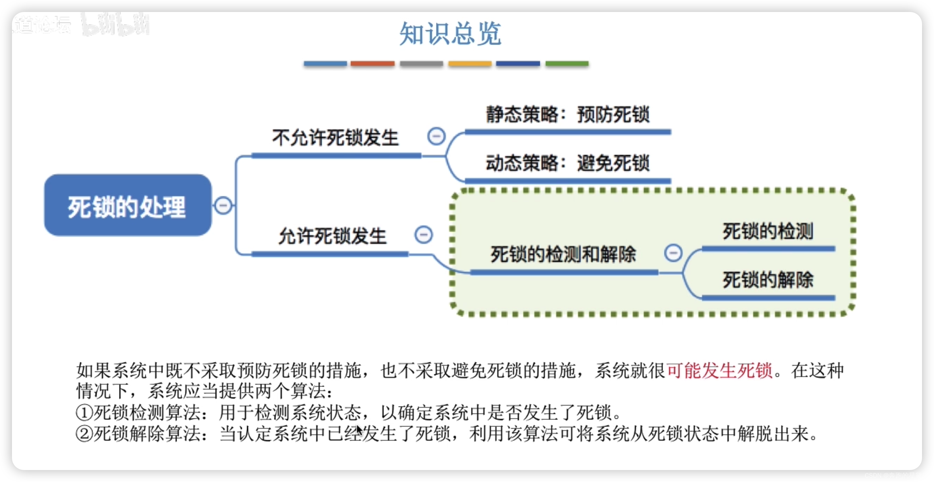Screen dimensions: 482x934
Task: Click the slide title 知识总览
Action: pyautogui.click(x=450, y=33)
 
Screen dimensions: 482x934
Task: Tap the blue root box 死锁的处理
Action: pyautogui.click(x=127, y=205)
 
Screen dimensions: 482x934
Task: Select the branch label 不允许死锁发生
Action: pyautogui.click(x=335, y=138)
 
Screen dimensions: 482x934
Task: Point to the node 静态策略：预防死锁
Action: pyautogui.click(x=567, y=115)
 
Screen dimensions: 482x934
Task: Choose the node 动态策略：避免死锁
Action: pyautogui.click(x=567, y=163)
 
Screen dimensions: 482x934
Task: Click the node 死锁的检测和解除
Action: pyautogui.click(x=563, y=254)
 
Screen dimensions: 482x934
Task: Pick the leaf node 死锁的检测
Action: pyautogui.click(x=768, y=231)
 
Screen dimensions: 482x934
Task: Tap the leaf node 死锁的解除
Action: pyautogui.click(x=768, y=280)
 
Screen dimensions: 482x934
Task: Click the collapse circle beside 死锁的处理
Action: pyautogui.click(x=223, y=205)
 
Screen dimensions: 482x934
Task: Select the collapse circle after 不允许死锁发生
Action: pyautogui.click(x=436, y=136)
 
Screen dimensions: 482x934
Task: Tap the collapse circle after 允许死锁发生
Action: pyautogui.click(x=423, y=234)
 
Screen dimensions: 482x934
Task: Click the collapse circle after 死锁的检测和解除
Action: pyautogui.click(x=673, y=253)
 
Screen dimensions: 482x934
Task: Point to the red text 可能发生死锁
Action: pyautogui.click(x=719, y=371)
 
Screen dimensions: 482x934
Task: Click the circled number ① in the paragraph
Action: pyautogui.click(x=84, y=413)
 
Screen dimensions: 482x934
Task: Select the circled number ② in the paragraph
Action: pyautogui.click(x=84, y=433)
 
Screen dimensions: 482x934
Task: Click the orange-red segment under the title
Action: pyautogui.click(x=372, y=64)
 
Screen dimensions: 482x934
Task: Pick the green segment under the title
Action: pyautogui.click(x=567, y=64)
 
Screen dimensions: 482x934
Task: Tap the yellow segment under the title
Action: pyautogui.click(x=470, y=64)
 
